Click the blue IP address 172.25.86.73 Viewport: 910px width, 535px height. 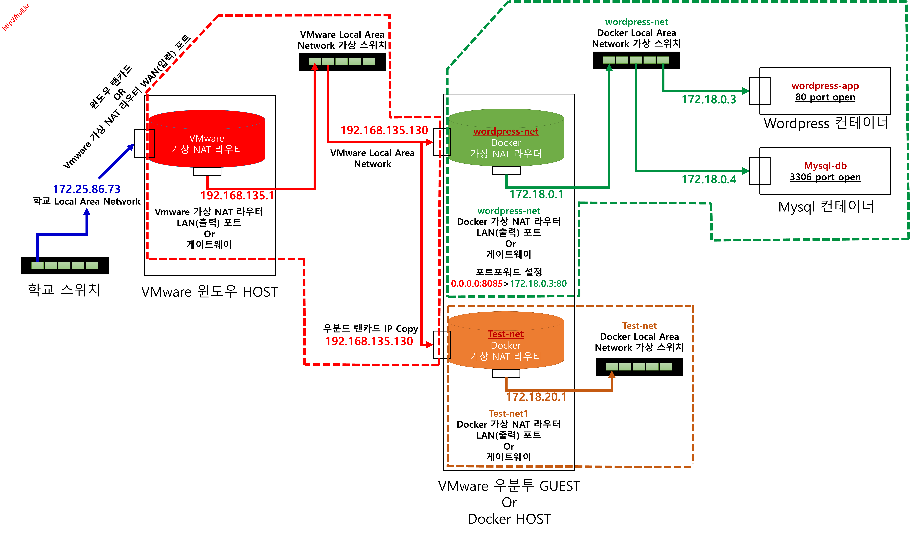[87, 189]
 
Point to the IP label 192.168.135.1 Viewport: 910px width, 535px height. [237, 195]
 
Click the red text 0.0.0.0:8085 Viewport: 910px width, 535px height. [477, 284]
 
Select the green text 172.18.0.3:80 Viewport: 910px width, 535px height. [538, 284]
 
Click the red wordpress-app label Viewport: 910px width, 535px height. [825, 86]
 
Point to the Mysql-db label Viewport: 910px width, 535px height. [825, 166]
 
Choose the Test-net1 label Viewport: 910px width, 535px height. [508, 414]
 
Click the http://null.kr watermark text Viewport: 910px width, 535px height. [16, 17]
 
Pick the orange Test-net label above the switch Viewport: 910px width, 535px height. [639, 326]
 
